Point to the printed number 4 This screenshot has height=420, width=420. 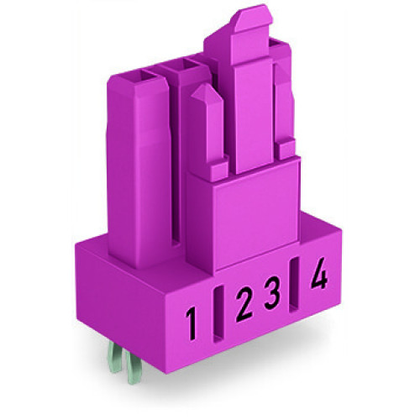click(318, 276)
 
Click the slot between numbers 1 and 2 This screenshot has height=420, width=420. click(217, 317)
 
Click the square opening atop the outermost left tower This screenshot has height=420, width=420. click(135, 75)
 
